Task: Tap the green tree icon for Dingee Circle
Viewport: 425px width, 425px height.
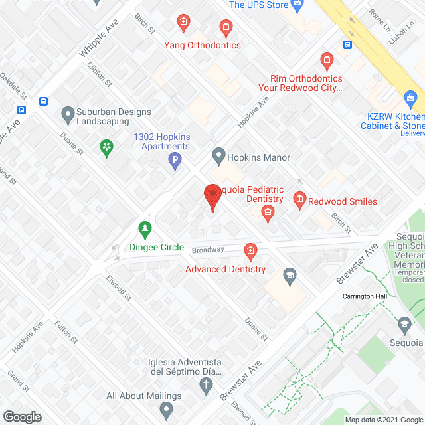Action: pyautogui.click(x=144, y=230)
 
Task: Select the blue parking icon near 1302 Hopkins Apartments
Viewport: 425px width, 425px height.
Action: pyautogui.click(x=175, y=161)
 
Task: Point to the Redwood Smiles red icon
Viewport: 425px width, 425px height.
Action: pyautogui.click(x=299, y=199)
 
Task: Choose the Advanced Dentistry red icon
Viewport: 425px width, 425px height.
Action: pyautogui.click(x=250, y=251)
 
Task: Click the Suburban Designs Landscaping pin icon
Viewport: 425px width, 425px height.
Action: pyautogui.click(x=67, y=115)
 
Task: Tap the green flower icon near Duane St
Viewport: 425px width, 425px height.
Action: pyautogui.click(x=106, y=147)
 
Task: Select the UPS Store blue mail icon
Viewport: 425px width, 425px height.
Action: pyautogui.click(x=297, y=5)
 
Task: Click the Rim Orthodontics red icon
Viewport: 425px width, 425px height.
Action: pyautogui.click(x=327, y=62)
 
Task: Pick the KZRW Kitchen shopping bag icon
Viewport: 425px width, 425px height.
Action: pyautogui.click(x=411, y=100)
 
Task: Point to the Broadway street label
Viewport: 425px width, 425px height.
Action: pyautogui.click(x=209, y=249)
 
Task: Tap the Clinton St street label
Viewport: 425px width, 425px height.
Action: pyautogui.click(x=97, y=74)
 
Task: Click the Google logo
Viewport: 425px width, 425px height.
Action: pyautogui.click(x=22, y=416)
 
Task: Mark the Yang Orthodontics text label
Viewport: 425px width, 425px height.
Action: pyautogui.click(x=203, y=45)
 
